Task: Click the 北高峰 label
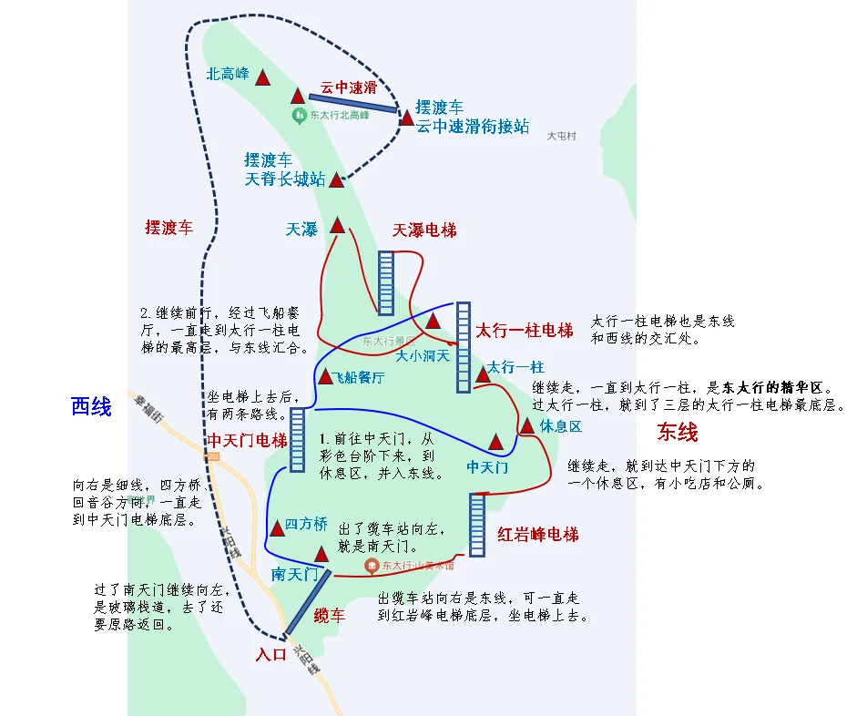[228, 74]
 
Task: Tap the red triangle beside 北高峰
[263, 78]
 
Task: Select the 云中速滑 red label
[348, 87]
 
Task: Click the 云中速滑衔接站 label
[473, 127]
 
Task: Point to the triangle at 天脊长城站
[336, 180]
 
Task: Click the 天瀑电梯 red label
[424, 230]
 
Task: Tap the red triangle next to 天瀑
[338, 225]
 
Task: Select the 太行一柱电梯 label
[525, 330]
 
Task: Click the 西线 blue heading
[91, 406]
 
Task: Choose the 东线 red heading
[678, 431]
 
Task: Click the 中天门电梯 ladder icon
[297, 440]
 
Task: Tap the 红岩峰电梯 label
[538, 534]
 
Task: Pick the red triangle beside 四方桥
[277, 528]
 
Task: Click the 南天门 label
[294, 574]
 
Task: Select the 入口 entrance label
[271, 653]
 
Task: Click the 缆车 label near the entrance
[330, 617]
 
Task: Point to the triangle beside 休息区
[526, 426]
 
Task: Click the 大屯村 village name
[561, 136]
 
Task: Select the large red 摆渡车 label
[169, 228]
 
